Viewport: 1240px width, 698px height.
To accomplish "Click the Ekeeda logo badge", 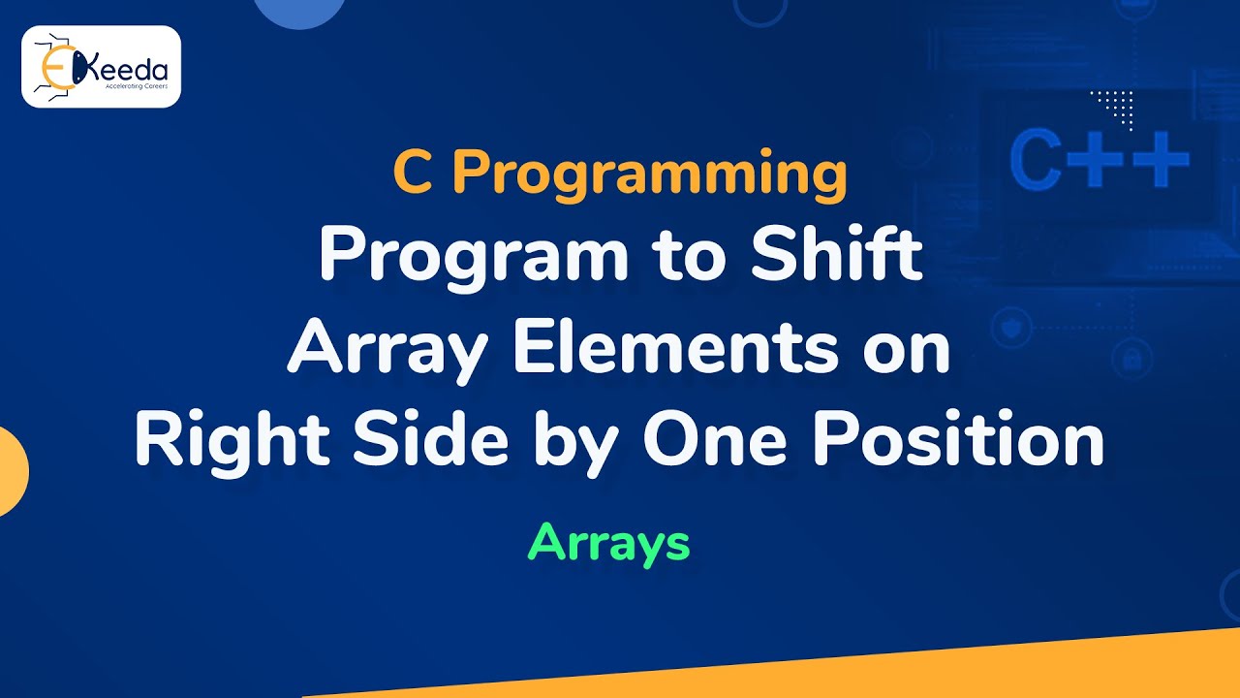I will [x=101, y=66].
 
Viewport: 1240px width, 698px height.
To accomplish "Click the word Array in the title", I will [x=390, y=352].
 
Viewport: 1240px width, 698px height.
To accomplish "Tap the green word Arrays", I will [x=608, y=543].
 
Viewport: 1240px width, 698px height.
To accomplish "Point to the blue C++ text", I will [x=1099, y=161].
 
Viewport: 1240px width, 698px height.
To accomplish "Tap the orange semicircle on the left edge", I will [x=12, y=471].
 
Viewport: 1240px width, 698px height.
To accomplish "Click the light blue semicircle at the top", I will [x=299, y=10].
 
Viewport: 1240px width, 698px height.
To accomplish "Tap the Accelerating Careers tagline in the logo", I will [x=134, y=85].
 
